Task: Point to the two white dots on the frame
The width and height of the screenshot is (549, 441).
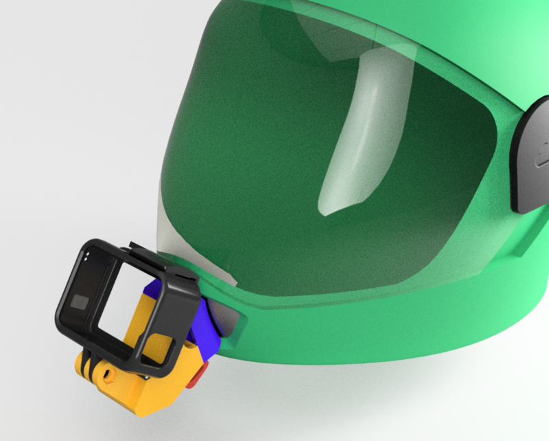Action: pos(87,256)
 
